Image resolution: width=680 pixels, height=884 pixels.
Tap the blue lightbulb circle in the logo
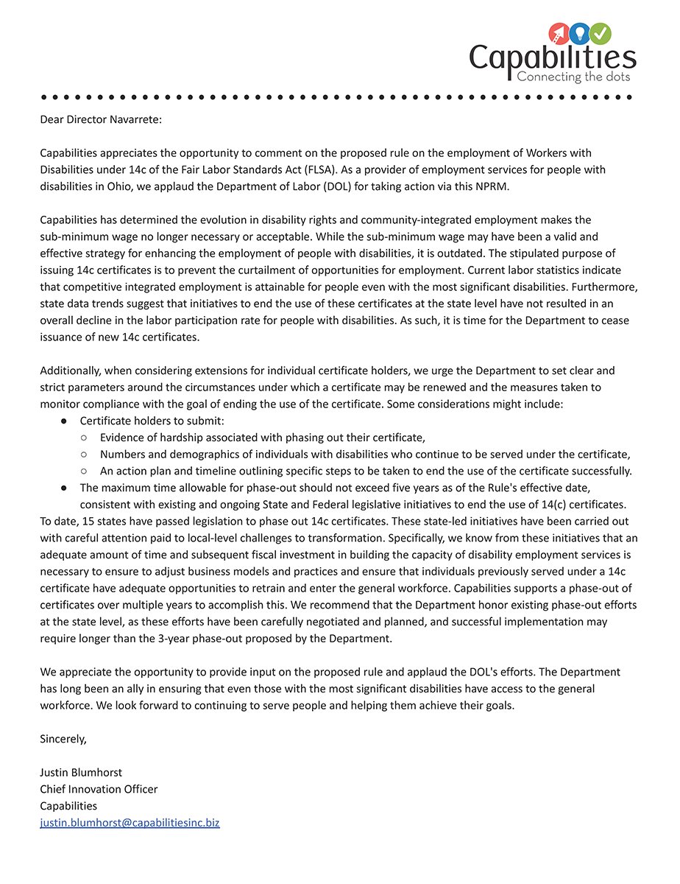click(581, 33)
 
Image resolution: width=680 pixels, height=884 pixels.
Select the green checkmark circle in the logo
click(601, 33)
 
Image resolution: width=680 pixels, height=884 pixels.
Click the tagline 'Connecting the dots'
click(573, 77)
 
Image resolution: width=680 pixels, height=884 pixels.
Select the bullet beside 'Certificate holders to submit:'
click(65, 421)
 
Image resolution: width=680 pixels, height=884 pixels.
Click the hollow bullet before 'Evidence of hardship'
click(85, 438)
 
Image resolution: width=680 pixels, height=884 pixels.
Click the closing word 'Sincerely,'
click(63, 739)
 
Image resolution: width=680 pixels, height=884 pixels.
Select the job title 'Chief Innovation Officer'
click(99, 789)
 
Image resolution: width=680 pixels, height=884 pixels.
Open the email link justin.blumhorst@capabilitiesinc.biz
click(130, 823)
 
